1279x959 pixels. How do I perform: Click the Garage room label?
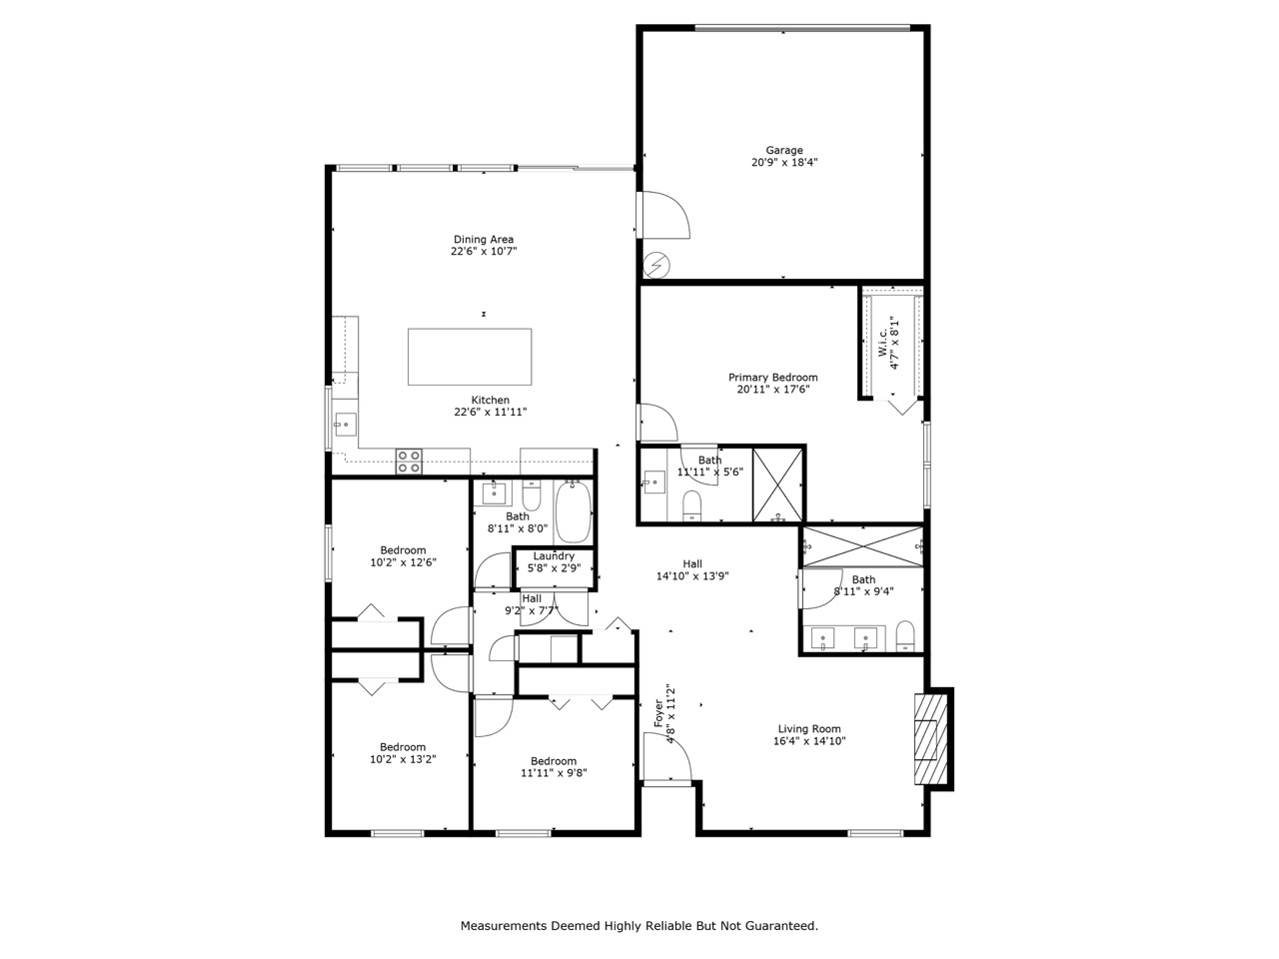(783, 150)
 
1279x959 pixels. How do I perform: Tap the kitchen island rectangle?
(469, 357)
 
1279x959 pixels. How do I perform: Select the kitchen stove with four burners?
(409, 462)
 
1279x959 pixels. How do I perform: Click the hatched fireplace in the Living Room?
(930, 739)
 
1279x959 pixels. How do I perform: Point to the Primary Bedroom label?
(772, 378)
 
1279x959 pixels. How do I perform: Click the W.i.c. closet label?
(882, 343)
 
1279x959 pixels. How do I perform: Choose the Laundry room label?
(553, 556)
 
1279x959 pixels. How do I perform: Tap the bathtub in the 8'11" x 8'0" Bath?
(574, 511)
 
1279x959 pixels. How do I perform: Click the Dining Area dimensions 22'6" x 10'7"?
(484, 252)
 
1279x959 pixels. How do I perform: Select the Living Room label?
(808, 728)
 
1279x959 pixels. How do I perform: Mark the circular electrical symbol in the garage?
(656, 266)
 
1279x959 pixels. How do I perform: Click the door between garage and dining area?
(664, 215)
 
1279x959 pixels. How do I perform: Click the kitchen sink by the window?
(345, 425)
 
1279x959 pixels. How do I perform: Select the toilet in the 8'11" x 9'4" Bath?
(905, 636)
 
